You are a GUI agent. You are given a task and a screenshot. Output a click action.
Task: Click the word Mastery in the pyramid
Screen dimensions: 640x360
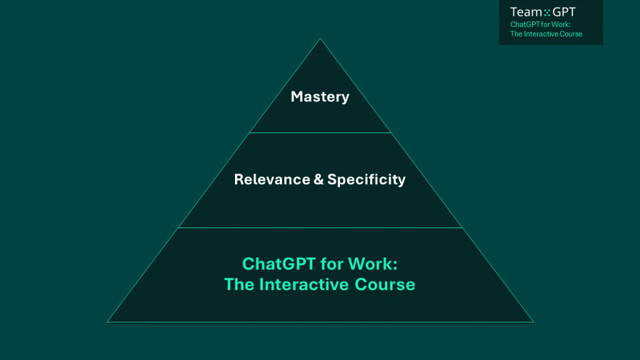pos(320,97)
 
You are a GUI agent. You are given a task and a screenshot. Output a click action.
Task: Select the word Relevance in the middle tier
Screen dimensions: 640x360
pos(272,179)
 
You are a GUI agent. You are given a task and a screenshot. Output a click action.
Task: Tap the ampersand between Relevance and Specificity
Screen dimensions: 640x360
pos(319,179)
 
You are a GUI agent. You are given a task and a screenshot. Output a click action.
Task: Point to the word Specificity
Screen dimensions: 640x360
pos(366,179)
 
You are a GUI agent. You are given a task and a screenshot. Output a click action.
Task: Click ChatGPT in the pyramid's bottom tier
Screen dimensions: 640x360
pos(279,264)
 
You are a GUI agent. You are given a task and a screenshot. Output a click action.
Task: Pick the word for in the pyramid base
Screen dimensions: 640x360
pos(332,264)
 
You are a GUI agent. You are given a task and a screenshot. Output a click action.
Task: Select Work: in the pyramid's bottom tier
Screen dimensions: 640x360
pos(372,264)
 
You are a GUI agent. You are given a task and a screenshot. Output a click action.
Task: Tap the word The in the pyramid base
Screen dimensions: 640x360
pos(239,284)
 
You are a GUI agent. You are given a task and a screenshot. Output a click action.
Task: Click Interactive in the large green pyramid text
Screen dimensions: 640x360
pos(304,284)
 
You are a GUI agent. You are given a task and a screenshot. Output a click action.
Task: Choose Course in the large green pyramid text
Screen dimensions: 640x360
pos(385,284)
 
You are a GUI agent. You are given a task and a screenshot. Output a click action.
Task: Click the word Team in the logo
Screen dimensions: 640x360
pos(526,12)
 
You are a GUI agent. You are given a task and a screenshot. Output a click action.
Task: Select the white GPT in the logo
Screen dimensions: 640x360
pos(564,12)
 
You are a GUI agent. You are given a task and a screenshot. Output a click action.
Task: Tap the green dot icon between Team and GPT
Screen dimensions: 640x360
pos(547,13)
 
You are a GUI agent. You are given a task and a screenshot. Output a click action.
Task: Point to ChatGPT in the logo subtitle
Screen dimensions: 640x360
pos(525,24)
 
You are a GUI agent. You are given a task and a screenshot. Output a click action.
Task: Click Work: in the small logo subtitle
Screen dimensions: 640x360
pos(561,24)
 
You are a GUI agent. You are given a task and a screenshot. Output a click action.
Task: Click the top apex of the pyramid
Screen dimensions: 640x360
pos(320,39)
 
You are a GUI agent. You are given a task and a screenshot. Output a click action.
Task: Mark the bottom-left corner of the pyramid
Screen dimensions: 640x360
pos(107,322)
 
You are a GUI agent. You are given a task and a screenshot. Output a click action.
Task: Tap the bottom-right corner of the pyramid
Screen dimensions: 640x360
pos(534,322)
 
